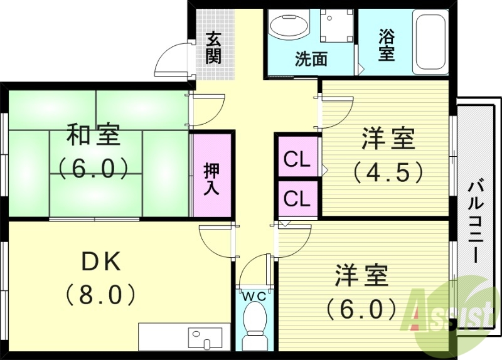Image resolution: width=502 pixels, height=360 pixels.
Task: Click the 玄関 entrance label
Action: pos(213,48)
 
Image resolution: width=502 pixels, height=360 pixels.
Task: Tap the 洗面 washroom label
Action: pos(311,60)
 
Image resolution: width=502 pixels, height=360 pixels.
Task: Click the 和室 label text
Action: pos(94,136)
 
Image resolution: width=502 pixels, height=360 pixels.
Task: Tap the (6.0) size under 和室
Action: pos(94,167)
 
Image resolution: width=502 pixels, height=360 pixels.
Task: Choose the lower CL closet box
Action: pos(297,199)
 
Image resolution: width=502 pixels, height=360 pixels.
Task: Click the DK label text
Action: pos(100,262)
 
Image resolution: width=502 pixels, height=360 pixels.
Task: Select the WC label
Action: pos(254,295)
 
